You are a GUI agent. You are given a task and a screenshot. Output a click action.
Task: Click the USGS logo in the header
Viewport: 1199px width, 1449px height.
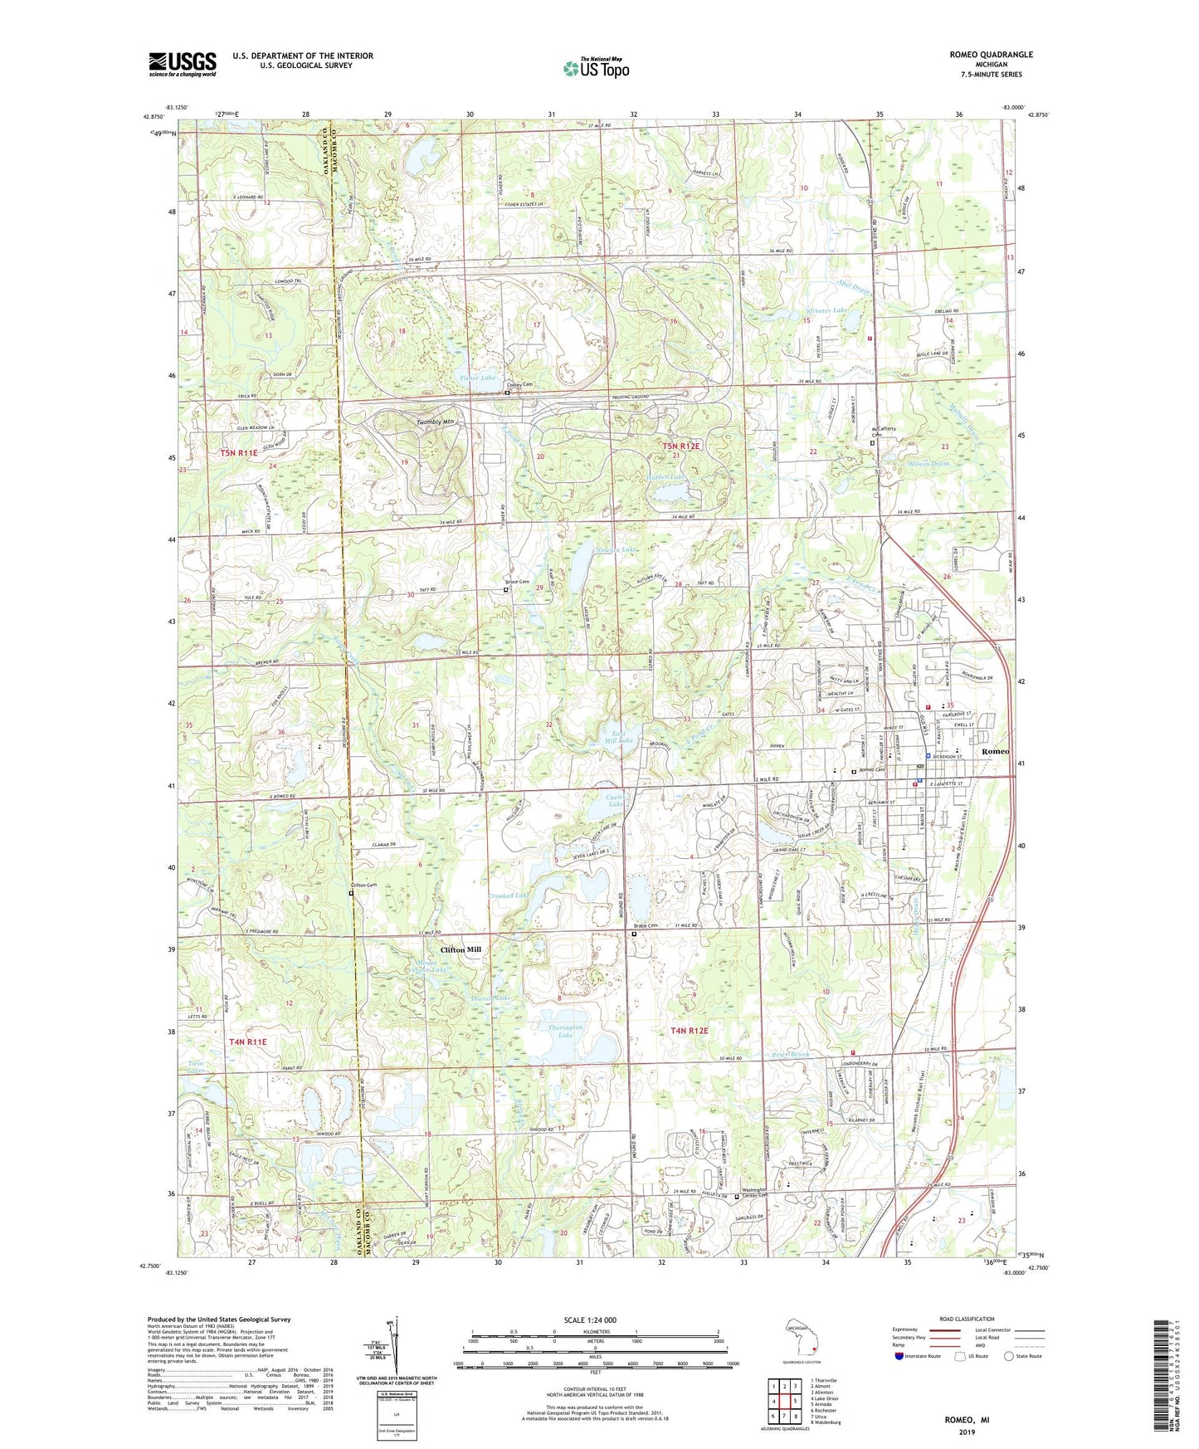(182, 64)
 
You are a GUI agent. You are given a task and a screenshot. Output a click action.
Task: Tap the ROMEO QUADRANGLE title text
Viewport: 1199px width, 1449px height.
(991, 54)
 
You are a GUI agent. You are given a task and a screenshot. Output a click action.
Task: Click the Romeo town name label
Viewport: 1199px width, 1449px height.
(995, 750)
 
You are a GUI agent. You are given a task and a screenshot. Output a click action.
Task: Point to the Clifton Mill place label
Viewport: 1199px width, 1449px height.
(461, 949)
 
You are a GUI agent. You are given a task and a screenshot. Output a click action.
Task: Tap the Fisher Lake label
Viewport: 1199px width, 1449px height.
(478, 378)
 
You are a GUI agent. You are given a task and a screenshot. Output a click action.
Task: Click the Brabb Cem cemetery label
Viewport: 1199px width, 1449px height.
(646, 926)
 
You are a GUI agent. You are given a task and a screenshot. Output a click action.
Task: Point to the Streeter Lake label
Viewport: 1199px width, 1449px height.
(827, 310)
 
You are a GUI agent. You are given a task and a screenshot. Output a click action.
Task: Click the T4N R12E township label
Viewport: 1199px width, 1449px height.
(690, 1031)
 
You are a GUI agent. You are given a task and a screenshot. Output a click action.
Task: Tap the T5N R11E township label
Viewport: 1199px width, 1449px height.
(239, 453)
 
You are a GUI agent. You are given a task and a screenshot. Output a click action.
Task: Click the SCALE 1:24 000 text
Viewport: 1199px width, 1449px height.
(591, 1320)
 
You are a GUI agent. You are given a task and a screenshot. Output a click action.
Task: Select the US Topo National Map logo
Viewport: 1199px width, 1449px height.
(594, 68)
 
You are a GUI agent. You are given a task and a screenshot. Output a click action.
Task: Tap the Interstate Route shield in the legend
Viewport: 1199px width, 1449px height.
(900, 1356)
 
